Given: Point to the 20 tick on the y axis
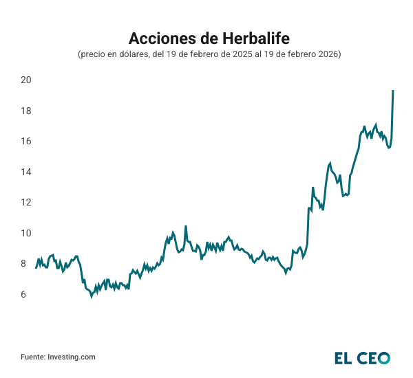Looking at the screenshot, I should (26, 80).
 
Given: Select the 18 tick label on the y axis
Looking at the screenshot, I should (26, 111).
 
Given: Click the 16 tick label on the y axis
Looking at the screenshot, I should (26, 142).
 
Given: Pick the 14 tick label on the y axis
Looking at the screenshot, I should (26, 172).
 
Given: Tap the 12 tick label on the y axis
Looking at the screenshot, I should (26, 202).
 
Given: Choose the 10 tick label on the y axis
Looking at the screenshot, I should (26, 233).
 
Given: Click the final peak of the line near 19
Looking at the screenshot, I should (392, 91).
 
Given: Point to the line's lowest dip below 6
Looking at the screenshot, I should (91, 297).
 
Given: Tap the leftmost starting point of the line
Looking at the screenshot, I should (36, 267).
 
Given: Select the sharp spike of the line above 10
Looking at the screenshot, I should (185, 226).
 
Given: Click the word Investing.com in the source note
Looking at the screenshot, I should (72, 357).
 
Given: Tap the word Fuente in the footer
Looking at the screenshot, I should (32, 357).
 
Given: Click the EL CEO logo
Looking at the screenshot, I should (362, 357).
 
